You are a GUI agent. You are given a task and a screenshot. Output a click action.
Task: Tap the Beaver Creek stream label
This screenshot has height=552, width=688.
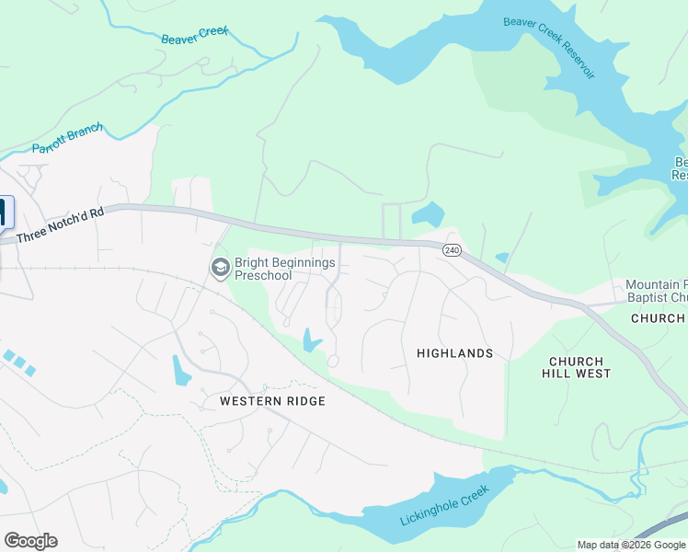pos(194,36)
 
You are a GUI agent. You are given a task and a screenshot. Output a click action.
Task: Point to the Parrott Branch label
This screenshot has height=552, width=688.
pos(68,139)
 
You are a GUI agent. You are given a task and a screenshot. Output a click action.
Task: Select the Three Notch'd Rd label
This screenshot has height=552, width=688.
pos(61,224)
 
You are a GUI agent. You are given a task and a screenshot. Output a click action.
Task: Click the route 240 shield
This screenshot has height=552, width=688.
pos(451,250)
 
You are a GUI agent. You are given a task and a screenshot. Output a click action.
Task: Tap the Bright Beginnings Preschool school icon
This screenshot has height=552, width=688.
pos(220,268)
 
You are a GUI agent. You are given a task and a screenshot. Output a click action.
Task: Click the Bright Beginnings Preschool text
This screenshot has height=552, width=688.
pos(276,269)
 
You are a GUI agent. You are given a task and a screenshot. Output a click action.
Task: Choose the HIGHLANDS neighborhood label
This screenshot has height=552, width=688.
pos(454,353)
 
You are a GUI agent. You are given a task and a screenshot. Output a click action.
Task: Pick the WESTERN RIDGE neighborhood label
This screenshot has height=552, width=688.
pos(272,401)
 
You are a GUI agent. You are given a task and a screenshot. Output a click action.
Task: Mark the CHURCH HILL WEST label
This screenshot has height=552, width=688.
pos(576,367)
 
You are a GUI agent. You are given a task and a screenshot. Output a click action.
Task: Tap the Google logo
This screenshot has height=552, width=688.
pos(30,541)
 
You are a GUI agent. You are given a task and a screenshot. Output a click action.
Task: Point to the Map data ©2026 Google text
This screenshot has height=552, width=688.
pos(631,545)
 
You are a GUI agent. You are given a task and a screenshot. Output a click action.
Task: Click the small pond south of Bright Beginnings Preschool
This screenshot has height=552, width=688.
pos(310,342)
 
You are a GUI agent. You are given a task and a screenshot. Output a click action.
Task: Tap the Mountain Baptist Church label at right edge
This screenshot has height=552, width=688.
pos(656,292)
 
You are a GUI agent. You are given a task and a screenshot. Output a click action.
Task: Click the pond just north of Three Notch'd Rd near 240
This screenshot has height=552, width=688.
pos(429,215)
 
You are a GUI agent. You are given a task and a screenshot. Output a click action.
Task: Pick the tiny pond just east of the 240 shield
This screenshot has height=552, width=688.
pos(501,258)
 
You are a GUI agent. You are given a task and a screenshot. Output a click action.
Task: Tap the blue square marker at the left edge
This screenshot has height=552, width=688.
pos(4,213)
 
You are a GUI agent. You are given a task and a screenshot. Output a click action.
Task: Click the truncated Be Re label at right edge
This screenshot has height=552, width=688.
pos(681,168)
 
